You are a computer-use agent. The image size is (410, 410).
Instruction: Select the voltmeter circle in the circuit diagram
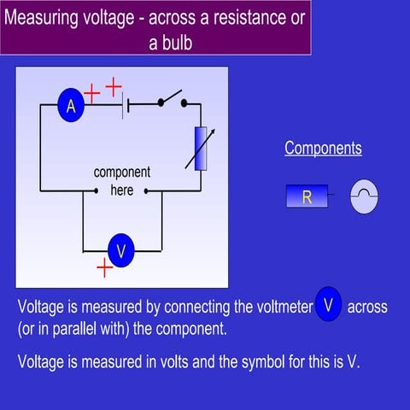[x=121, y=251]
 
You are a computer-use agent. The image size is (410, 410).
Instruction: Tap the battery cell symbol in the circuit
[x=126, y=106]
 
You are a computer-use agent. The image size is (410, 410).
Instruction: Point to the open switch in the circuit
[x=170, y=100]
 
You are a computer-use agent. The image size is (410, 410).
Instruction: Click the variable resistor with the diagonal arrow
[x=201, y=147]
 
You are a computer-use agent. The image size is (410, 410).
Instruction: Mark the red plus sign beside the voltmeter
[x=104, y=269]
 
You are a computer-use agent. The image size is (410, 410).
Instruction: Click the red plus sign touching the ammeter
[x=92, y=94]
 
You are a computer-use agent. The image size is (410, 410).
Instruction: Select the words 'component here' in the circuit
[x=122, y=181]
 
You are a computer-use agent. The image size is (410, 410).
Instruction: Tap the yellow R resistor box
[x=307, y=197]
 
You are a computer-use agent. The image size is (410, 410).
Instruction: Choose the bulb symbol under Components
[x=364, y=197]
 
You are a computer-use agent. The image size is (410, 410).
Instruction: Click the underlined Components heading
[x=323, y=149]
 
